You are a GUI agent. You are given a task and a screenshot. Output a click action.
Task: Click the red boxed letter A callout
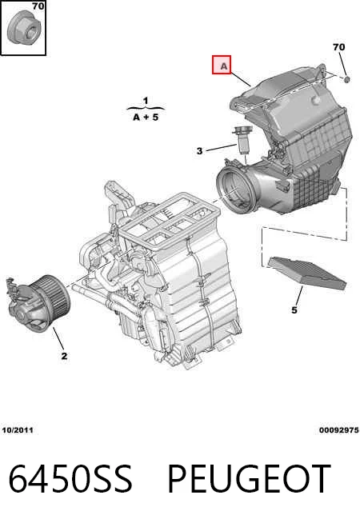[222, 65]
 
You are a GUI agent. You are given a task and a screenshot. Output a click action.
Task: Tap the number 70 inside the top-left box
[38, 6]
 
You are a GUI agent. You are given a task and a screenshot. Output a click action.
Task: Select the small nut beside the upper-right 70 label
[347, 79]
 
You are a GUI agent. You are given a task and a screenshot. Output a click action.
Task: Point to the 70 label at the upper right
[338, 47]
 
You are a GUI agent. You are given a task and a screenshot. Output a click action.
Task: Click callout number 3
[199, 151]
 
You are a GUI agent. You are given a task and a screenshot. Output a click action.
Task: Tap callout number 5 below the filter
[294, 309]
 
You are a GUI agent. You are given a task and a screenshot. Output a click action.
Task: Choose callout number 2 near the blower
[64, 356]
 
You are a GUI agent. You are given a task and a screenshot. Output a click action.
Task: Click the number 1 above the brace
[146, 101]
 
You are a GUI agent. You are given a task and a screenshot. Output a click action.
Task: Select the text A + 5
[146, 118]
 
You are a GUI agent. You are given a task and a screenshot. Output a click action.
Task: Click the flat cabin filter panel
[307, 273]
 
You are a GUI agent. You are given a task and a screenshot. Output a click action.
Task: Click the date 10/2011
[18, 430]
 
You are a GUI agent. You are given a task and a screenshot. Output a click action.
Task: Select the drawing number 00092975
[339, 430]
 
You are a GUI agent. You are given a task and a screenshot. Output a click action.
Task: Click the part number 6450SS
[70, 479]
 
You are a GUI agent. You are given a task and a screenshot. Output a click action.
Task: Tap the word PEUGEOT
[249, 479]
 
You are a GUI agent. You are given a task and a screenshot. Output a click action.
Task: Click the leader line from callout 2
[58, 338]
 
